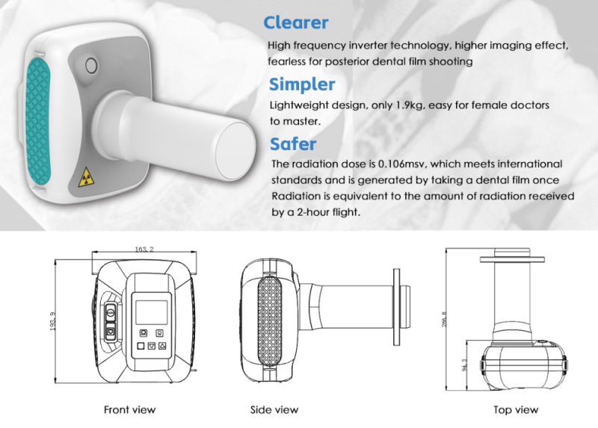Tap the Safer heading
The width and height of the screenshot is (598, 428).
[x=292, y=143]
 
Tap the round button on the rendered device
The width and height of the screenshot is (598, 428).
[x=93, y=65]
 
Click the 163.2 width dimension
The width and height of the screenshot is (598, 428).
[x=144, y=249]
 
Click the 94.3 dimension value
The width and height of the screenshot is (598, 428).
[x=465, y=364]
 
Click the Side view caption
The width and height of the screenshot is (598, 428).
[x=274, y=409]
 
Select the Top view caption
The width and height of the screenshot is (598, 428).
[x=516, y=409]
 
